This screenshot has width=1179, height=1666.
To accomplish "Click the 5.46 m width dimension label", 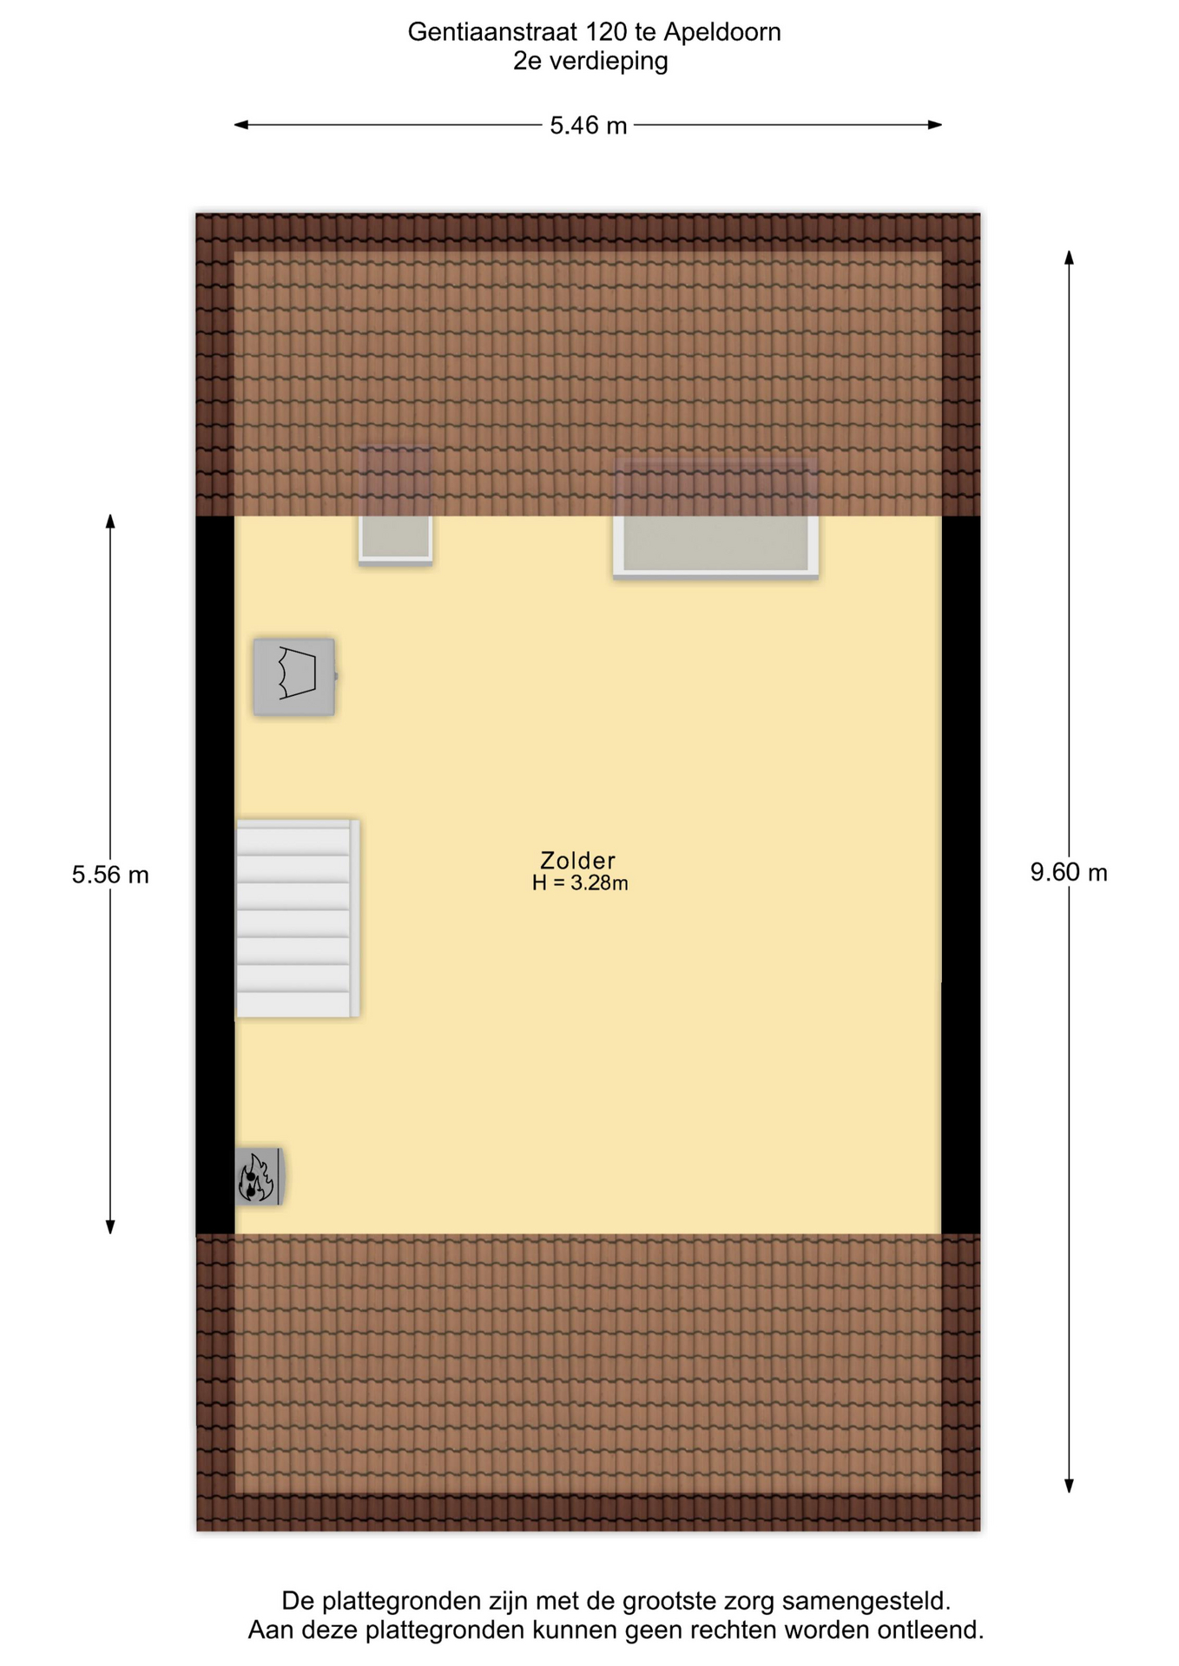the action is pyautogui.click(x=588, y=126).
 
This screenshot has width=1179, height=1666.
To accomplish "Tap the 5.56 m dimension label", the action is pyautogui.click(x=110, y=875).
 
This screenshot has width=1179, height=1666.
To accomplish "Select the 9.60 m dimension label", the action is pyautogui.click(x=1069, y=873).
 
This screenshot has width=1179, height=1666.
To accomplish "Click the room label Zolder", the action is pyautogui.click(x=577, y=861).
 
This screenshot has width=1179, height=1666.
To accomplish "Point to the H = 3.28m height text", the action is pyautogui.click(x=580, y=883).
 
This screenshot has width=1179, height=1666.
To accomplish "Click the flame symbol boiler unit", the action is pyautogui.click(x=259, y=1177).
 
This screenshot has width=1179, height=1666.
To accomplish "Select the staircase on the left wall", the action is pyautogui.click(x=297, y=919).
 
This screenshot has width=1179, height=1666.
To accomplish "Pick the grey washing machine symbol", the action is pyautogui.click(x=294, y=678).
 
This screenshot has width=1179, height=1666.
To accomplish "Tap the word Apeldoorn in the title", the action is pyautogui.click(x=722, y=32).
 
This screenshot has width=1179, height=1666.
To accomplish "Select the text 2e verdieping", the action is pyautogui.click(x=590, y=62).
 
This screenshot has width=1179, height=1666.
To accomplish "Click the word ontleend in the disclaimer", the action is pyautogui.click(x=930, y=1630).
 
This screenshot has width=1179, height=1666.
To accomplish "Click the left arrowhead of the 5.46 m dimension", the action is pyautogui.click(x=241, y=125).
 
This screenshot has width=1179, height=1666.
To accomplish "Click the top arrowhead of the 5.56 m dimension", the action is pyautogui.click(x=110, y=521).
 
